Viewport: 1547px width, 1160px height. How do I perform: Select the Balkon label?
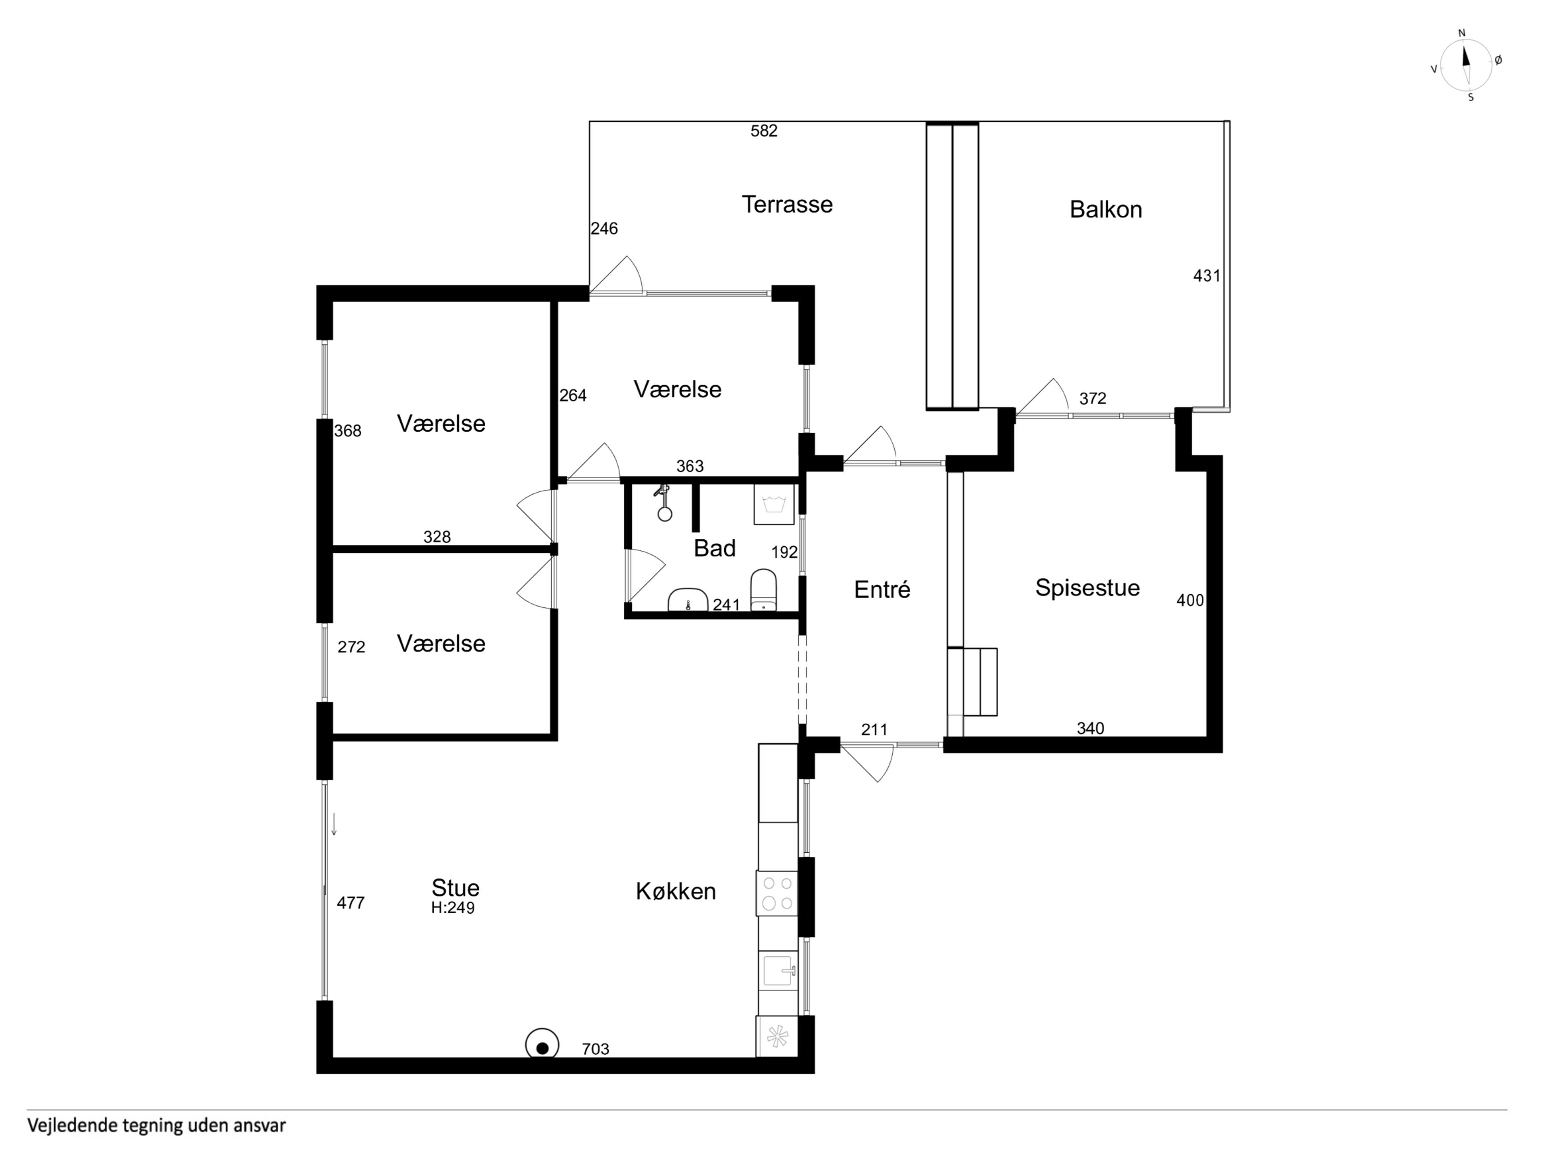(1106, 210)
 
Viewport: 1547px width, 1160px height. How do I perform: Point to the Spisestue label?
(1087, 588)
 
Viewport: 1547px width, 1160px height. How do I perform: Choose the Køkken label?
(676, 892)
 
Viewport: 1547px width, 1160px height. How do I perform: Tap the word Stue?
(455, 888)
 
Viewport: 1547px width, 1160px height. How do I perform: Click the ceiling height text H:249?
(453, 908)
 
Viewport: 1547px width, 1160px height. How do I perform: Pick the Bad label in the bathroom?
(715, 548)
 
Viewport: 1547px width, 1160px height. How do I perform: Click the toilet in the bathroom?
(764, 590)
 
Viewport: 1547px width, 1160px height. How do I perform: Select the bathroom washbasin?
(688, 600)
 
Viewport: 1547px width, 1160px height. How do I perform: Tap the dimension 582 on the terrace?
(764, 131)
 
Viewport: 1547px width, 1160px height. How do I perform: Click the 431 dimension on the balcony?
(1206, 276)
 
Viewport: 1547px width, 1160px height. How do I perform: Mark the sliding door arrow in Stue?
(334, 824)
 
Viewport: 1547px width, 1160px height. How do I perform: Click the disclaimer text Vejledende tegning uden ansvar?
(156, 1126)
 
